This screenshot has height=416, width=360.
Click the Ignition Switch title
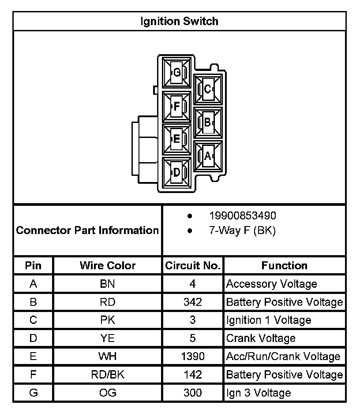click(x=179, y=21)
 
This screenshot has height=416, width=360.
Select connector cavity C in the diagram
click(x=208, y=89)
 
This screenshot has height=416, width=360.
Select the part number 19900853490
click(x=243, y=216)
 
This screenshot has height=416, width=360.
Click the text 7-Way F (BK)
click(x=242, y=230)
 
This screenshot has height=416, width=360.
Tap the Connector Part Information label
click(x=87, y=230)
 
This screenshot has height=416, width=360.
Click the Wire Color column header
click(x=108, y=265)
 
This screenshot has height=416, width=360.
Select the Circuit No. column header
click(x=192, y=265)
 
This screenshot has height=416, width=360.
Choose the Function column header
click(x=284, y=265)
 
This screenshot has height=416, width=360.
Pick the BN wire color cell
click(x=108, y=284)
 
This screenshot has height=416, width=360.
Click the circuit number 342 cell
click(x=192, y=302)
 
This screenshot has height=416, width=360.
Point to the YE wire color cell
click(x=108, y=338)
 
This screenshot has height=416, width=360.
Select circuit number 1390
click(x=192, y=356)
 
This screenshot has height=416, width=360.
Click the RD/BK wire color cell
click(x=108, y=375)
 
